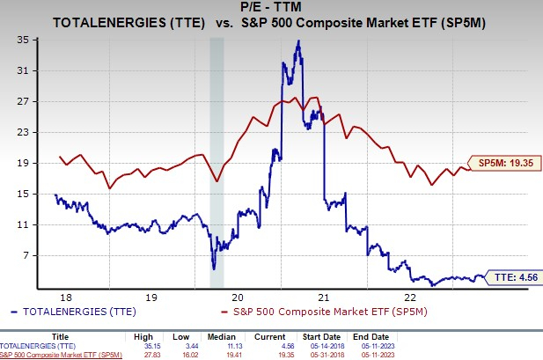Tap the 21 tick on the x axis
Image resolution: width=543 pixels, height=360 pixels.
(x=324, y=298)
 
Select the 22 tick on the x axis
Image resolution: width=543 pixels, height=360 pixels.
(x=410, y=298)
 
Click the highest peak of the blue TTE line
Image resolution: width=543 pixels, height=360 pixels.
(x=299, y=40)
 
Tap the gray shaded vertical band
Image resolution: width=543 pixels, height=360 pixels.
(x=216, y=158)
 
